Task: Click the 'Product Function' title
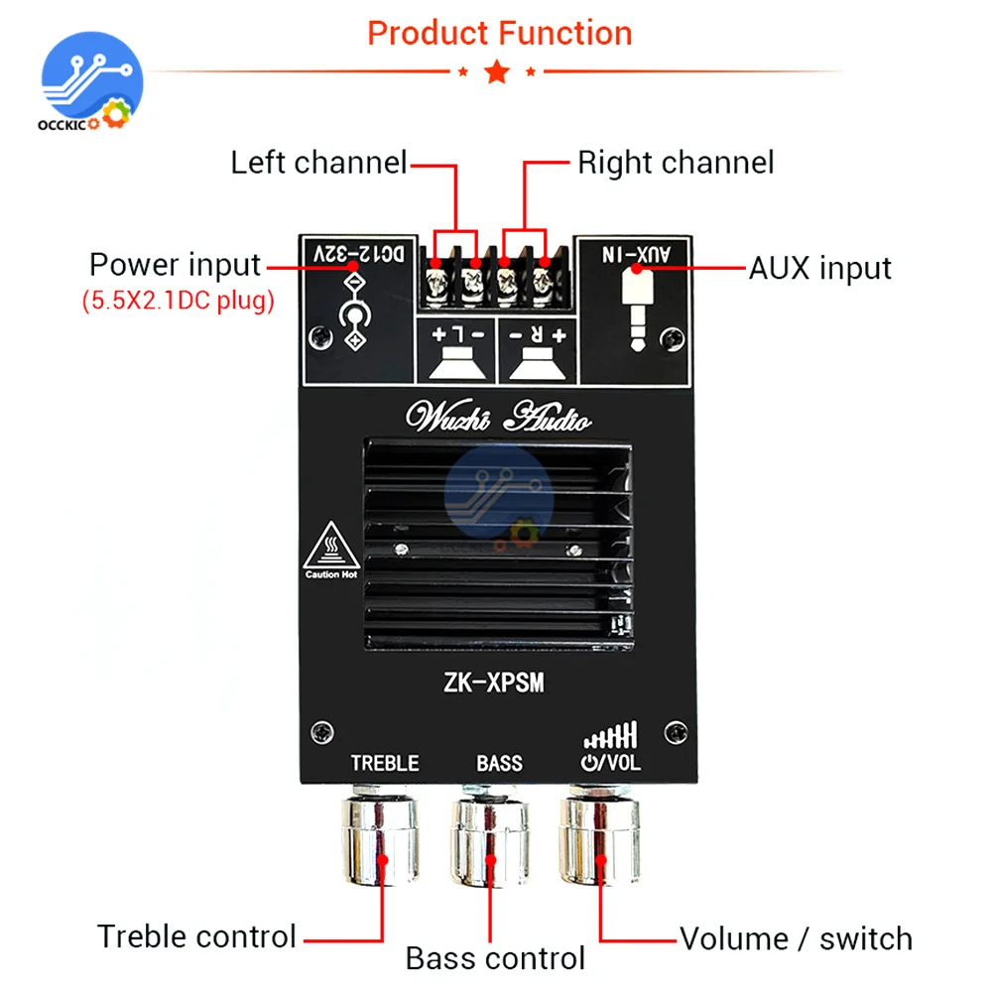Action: coord(499,34)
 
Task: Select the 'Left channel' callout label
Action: coord(318,162)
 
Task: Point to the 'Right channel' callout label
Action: coord(676,162)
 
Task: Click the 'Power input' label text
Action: coord(175,265)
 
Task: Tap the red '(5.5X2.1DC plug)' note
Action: coord(178,302)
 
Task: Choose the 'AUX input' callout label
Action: coord(819,267)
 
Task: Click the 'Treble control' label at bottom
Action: coord(196,935)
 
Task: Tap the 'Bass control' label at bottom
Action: coord(495,958)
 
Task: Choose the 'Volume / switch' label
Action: coord(796,937)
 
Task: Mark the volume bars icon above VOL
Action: coord(611,734)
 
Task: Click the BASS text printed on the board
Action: coord(499,763)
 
